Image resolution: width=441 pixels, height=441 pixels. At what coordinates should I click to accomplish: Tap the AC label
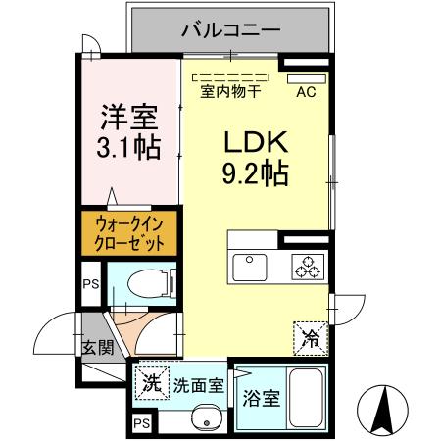[x=306, y=94]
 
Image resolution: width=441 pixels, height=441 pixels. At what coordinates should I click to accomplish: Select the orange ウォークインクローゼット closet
[x=122, y=232]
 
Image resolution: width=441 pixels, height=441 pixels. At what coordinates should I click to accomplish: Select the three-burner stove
[x=305, y=265]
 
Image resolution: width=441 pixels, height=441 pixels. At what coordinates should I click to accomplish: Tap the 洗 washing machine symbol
[x=151, y=382]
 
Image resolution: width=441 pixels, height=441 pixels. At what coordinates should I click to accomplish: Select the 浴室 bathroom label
[x=260, y=399]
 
